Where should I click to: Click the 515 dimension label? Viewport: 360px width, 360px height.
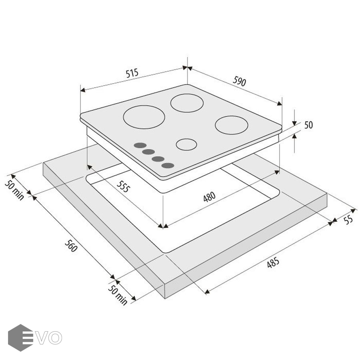(132, 73)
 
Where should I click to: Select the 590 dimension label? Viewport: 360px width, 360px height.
(240, 81)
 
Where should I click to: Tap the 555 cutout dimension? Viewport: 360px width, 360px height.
(124, 186)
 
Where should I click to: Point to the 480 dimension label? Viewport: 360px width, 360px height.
(209, 197)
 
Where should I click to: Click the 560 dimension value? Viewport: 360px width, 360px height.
(71, 246)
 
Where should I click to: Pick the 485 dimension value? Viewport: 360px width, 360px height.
(273, 263)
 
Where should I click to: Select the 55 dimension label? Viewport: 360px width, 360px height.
(348, 220)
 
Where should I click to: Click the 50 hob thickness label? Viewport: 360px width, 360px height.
(308, 125)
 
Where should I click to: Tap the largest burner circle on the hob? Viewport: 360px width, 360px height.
(144, 117)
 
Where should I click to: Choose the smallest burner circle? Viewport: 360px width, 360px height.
(186, 145)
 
